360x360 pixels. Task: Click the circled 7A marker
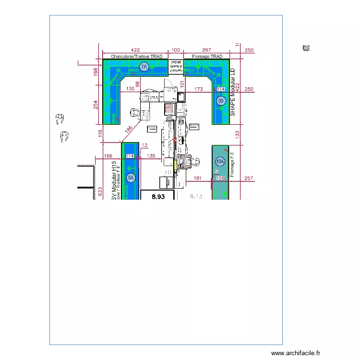[x=144, y=67]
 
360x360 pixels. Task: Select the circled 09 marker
[x=221, y=101]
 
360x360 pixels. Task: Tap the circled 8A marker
[x=131, y=178]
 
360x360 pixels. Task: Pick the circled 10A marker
[x=220, y=161]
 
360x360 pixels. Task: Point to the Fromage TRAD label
[x=207, y=57]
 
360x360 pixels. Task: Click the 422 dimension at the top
[x=135, y=50]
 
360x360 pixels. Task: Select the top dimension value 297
[x=206, y=50]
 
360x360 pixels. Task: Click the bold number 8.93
[x=158, y=196]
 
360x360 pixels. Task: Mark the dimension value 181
[x=197, y=179]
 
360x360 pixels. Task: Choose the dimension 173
[x=198, y=89]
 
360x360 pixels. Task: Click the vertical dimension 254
[x=96, y=104]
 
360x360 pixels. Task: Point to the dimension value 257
[x=249, y=179]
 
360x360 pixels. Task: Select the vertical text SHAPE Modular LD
[x=233, y=92]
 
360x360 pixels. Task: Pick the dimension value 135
[x=151, y=156]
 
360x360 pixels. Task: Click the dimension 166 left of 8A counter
[x=108, y=156]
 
